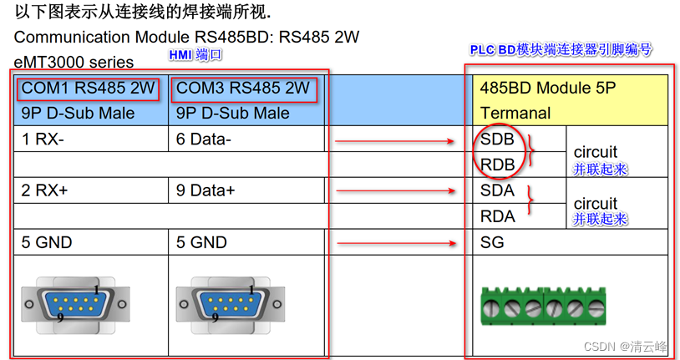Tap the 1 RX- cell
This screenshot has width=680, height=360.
click(x=43, y=139)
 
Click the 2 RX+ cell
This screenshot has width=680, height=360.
click(x=45, y=190)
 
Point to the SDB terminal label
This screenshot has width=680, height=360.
click(x=497, y=139)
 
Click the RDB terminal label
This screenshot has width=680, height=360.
click(x=498, y=165)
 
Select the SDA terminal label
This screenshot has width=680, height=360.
click(x=497, y=191)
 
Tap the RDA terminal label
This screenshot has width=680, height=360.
click(x=498, y=216)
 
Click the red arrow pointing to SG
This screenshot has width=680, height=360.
click(x=396, y=244)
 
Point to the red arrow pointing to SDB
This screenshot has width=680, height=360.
click(x=396, y=141)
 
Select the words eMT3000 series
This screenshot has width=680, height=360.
click(x=74, y=62)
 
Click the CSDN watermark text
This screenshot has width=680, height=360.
click(x=626, y=346)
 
